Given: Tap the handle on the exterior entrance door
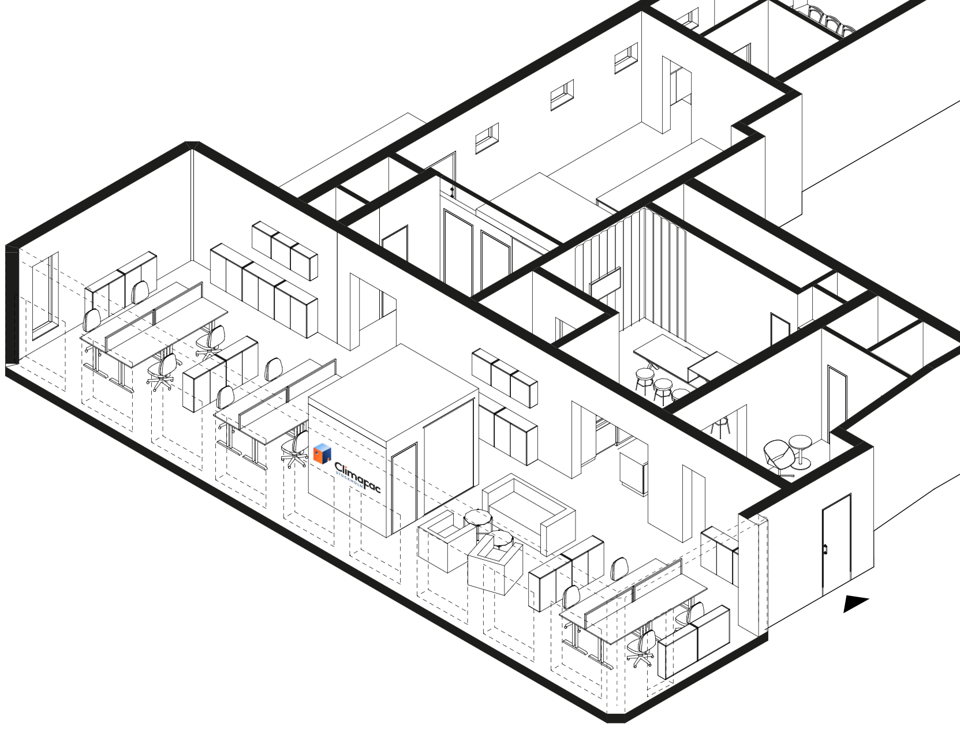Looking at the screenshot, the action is click(826, 549).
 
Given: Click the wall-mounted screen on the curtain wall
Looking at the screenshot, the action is click(605, 283).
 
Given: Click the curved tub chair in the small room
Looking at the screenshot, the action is click(778, 456).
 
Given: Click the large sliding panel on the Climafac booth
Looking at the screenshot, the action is click(449, 467).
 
